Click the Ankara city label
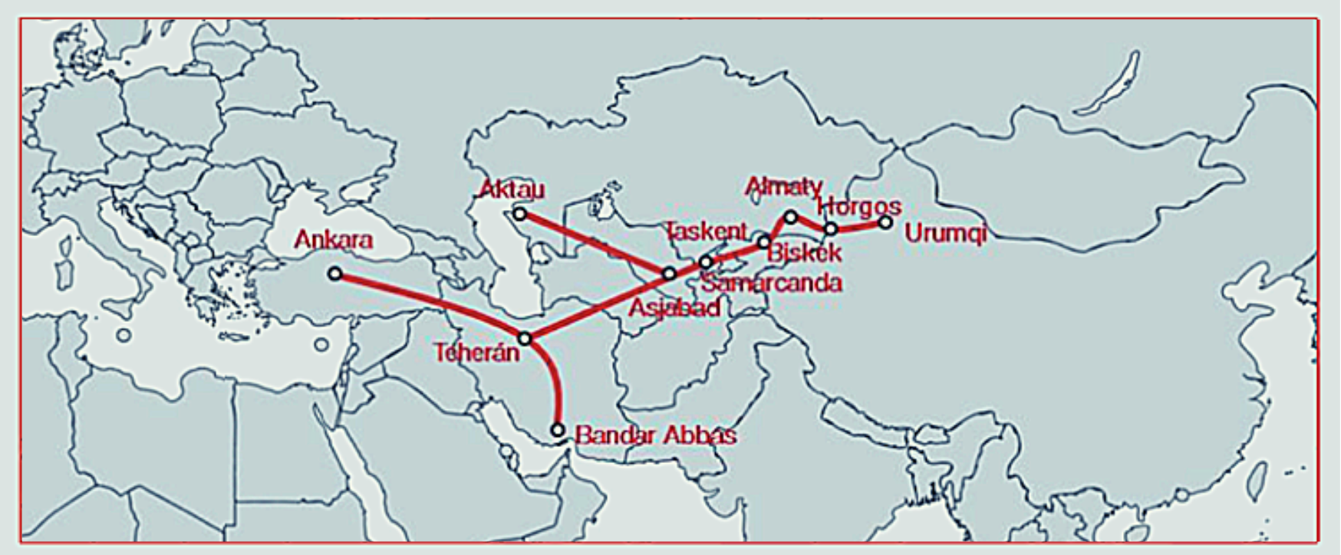333,240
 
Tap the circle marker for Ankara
334,273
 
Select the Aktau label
512,189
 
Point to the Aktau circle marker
520,214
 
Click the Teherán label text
476,353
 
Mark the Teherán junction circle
525,338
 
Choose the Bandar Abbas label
655,435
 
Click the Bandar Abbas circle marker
558,430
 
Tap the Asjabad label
674,308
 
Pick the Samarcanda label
771,283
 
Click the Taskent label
705,231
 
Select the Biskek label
804,252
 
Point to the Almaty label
783,186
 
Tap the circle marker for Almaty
791,217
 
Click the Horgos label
858,206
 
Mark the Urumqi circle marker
885,222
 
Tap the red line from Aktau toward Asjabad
595,244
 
